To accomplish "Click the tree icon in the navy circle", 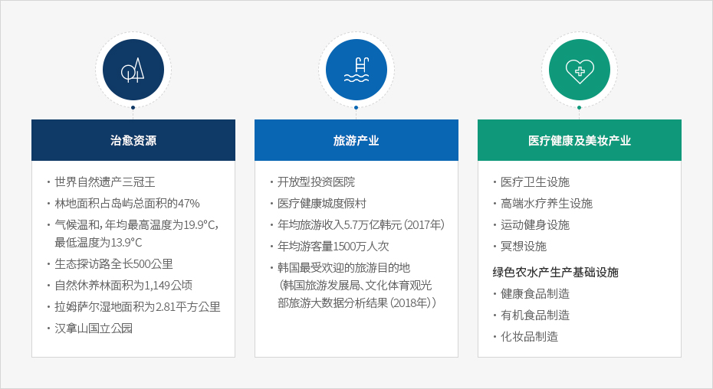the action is [x=133, y=70].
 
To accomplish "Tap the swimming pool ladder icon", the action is [x=356, y=70].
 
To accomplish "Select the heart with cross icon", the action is [x=580, y=71].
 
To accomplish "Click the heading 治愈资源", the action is [x=133, y=140].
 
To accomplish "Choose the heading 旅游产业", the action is [x=356, y=140].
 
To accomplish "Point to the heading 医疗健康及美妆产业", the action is [x=580, y=140].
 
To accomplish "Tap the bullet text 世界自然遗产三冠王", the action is [x=105, y=182].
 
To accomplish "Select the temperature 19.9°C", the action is [x=201, y=225].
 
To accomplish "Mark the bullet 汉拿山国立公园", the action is [x=94, y=328].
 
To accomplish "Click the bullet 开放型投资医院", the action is [x=317, y=182].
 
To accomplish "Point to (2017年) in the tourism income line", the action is [x=424, y=225].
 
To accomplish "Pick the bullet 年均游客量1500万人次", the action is [x=333, y=247].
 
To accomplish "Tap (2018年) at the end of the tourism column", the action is [x=413, y=302].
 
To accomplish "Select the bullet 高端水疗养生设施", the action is [x=547, y=204].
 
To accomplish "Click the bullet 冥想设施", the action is [x=524, y=247].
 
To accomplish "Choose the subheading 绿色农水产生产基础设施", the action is [x=556, y=272].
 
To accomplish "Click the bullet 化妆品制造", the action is [x=529, y=337].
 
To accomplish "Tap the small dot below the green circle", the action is [x=580, y=108].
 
